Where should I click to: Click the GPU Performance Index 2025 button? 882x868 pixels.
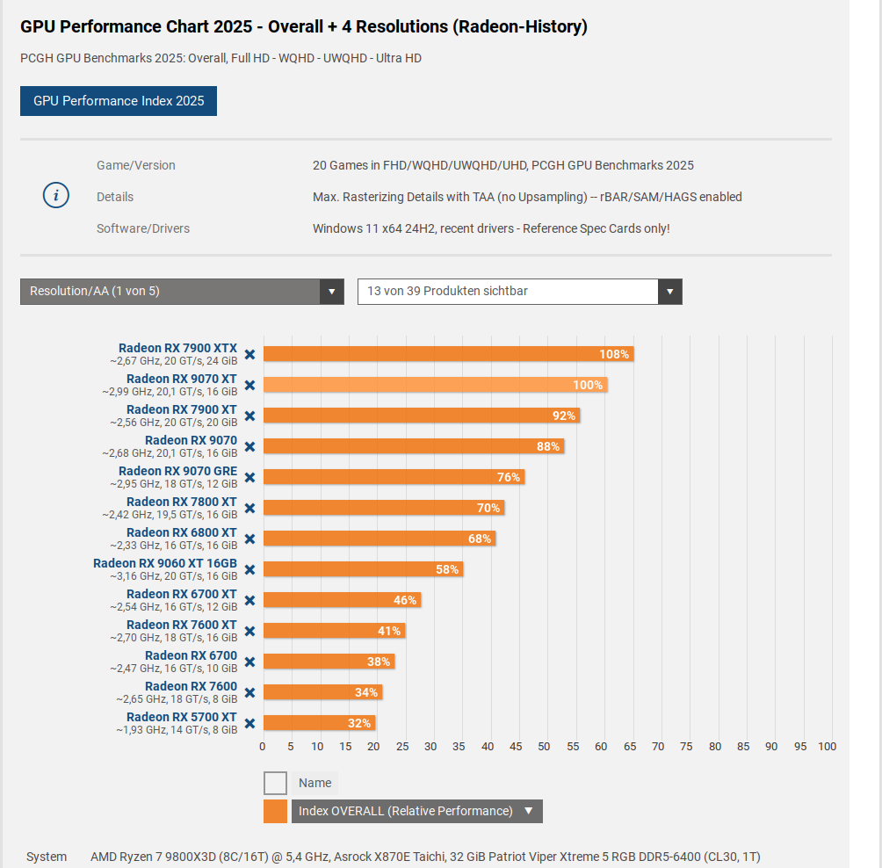pyautogui.click(x=119, y=101)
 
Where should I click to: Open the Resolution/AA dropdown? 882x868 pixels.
pyautogui.click(x=182, y=292)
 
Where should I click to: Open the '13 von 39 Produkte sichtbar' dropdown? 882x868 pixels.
pyautogui.click(x=519, y=292)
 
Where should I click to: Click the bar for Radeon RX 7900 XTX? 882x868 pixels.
pyautogui.click(x=448, y=354)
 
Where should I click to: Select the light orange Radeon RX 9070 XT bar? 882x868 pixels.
pyautogui.click(x=435, y=385)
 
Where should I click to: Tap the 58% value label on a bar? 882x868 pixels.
pyautogui.click(x=447, y=569)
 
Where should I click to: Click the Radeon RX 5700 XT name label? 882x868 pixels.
pyautogui.click(x=181, y=717)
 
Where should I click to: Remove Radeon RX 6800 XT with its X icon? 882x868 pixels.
pyautogui.click(x=249, y=539)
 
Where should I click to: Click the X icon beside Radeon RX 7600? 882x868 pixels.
pyautogui.click(x=249, y=692)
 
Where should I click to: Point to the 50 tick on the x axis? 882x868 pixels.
pyautogui.click(x=545, y=747)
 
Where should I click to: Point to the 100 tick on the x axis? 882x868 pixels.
pyautogui.click(x=827, y=747)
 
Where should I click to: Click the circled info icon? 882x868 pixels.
pyautogui.click(x=56, y=196)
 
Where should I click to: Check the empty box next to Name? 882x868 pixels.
pyautogui.click(x=275, y=783)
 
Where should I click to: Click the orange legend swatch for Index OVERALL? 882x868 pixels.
pyautogui.click(x=275, y=811)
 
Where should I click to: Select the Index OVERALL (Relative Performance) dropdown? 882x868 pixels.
pyautogui.click(x=416, y=811)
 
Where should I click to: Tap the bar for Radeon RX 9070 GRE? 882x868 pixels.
pyautogui.click(x=393, y=477)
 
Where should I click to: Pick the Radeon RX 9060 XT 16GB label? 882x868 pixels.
pyautogui.click(x=165, y=563)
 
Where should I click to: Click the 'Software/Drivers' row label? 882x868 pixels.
pyautogui.click(x=143, y=228)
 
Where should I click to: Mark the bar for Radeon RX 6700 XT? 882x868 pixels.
pyautogui.click(x=342, y=600)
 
